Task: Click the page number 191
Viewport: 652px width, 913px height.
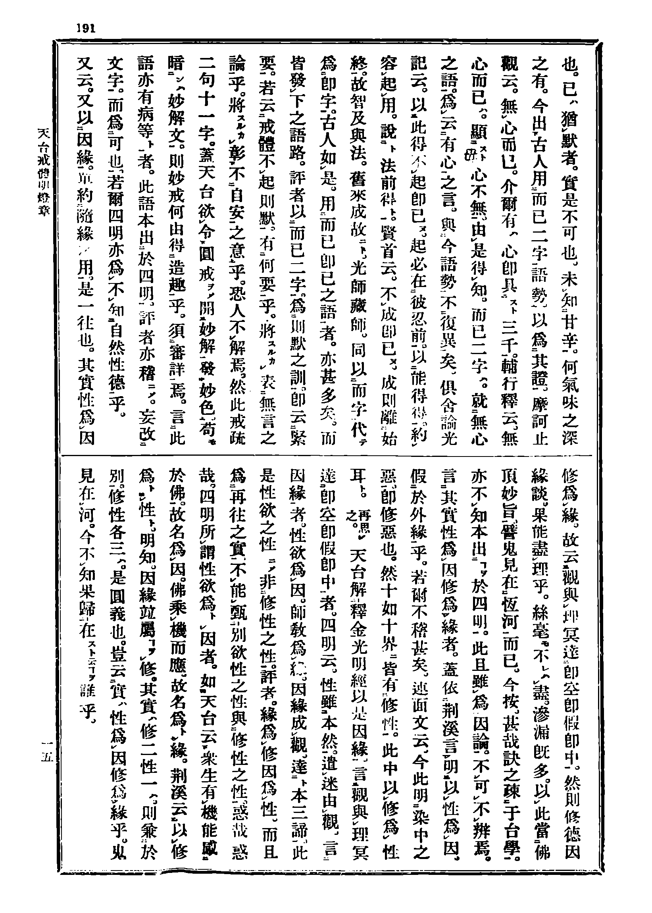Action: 85,28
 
